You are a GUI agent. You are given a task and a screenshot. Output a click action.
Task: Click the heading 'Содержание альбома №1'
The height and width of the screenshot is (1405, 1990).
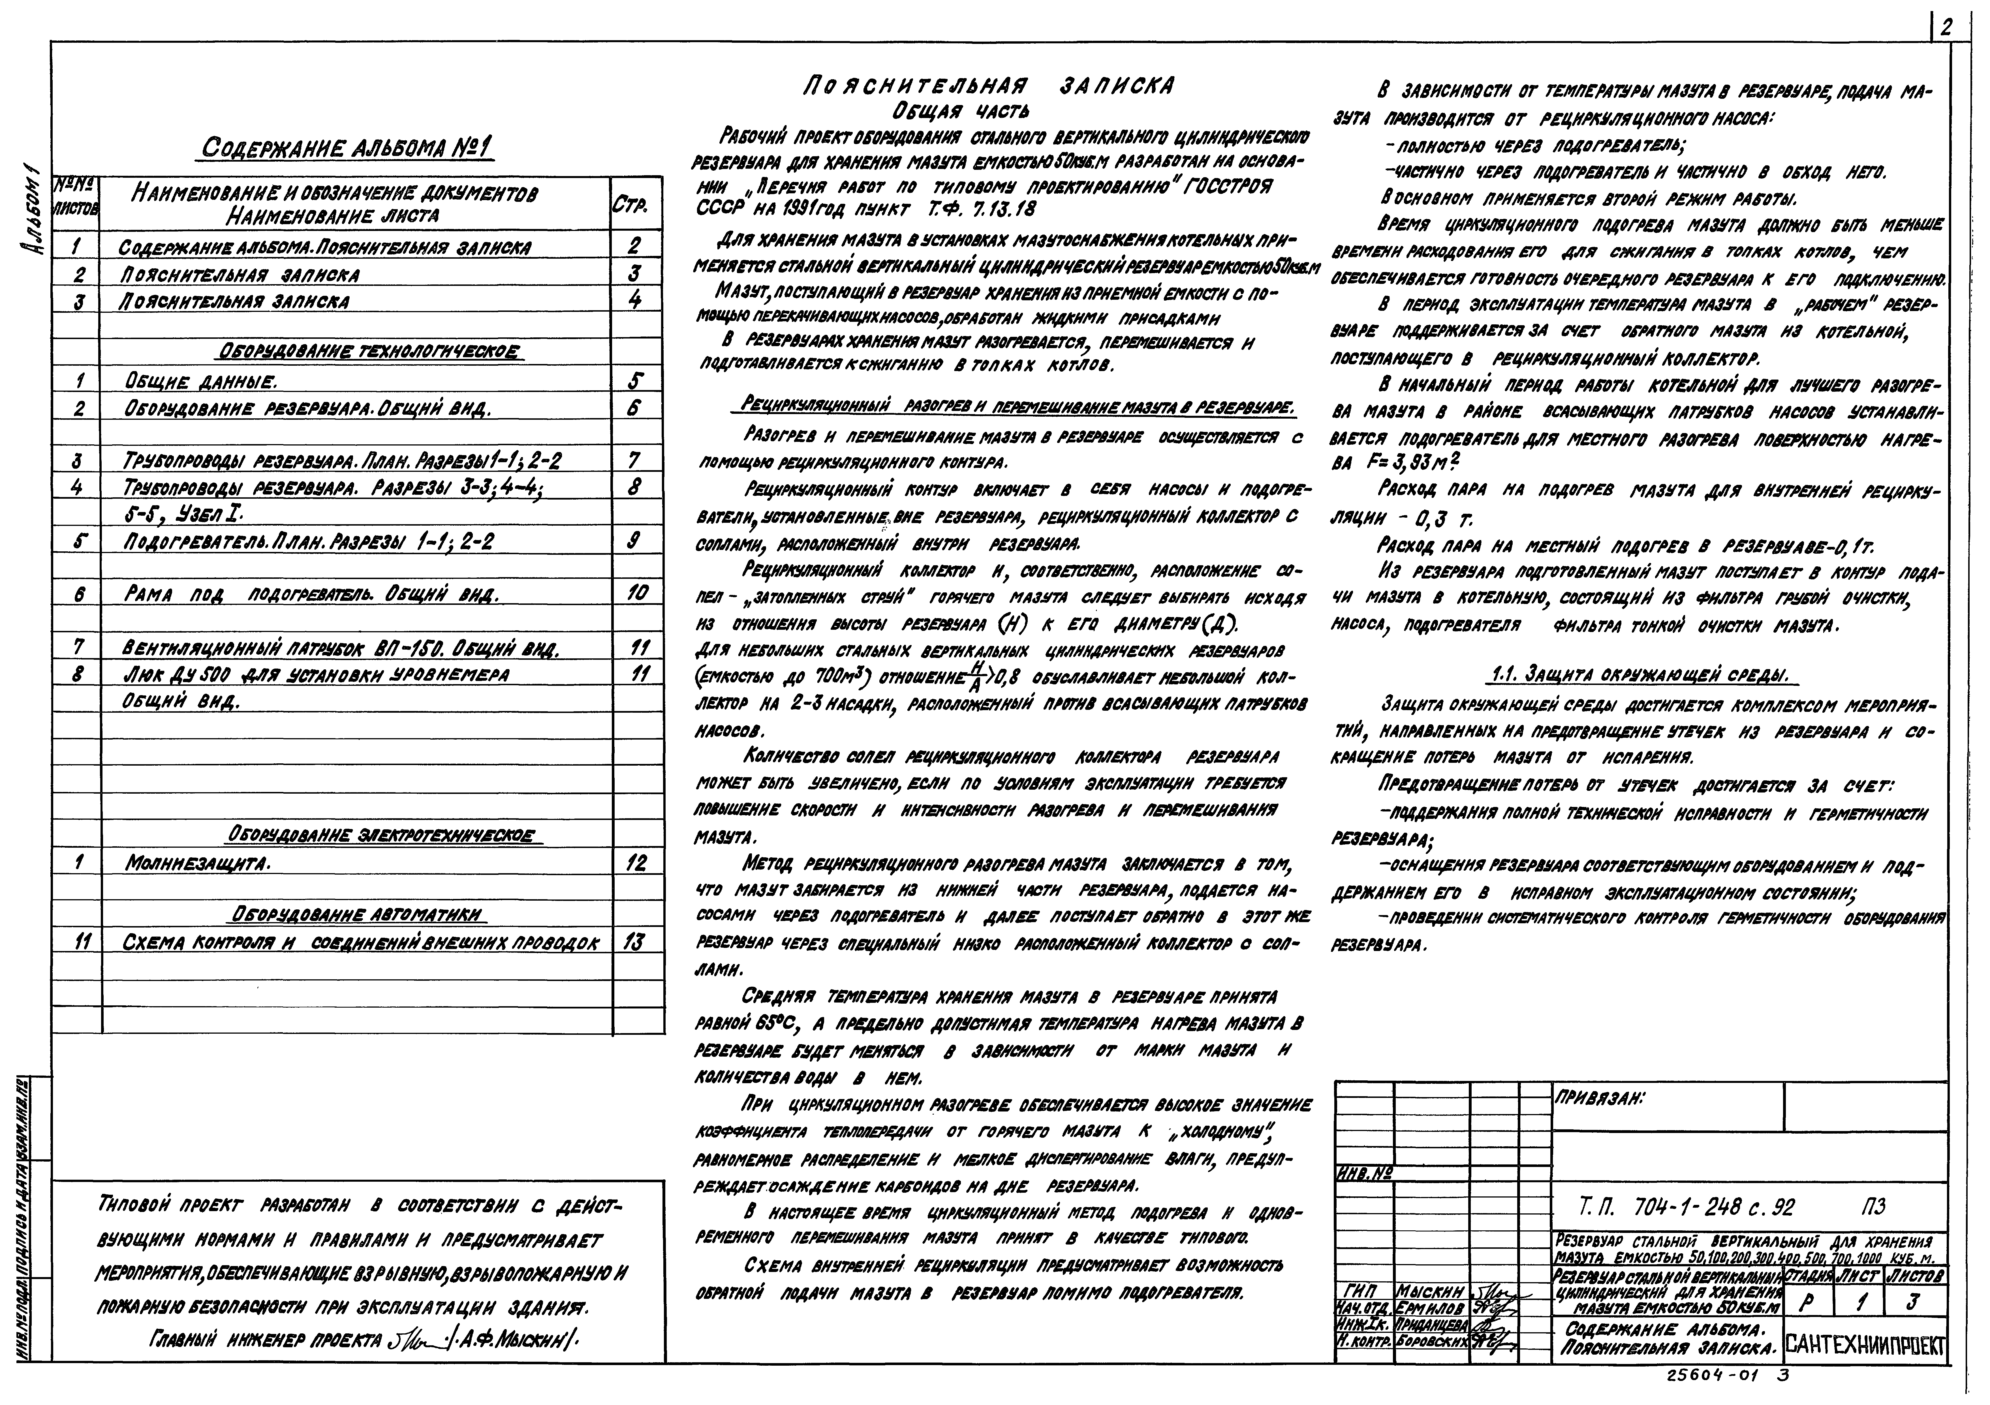tap(347, 149)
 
